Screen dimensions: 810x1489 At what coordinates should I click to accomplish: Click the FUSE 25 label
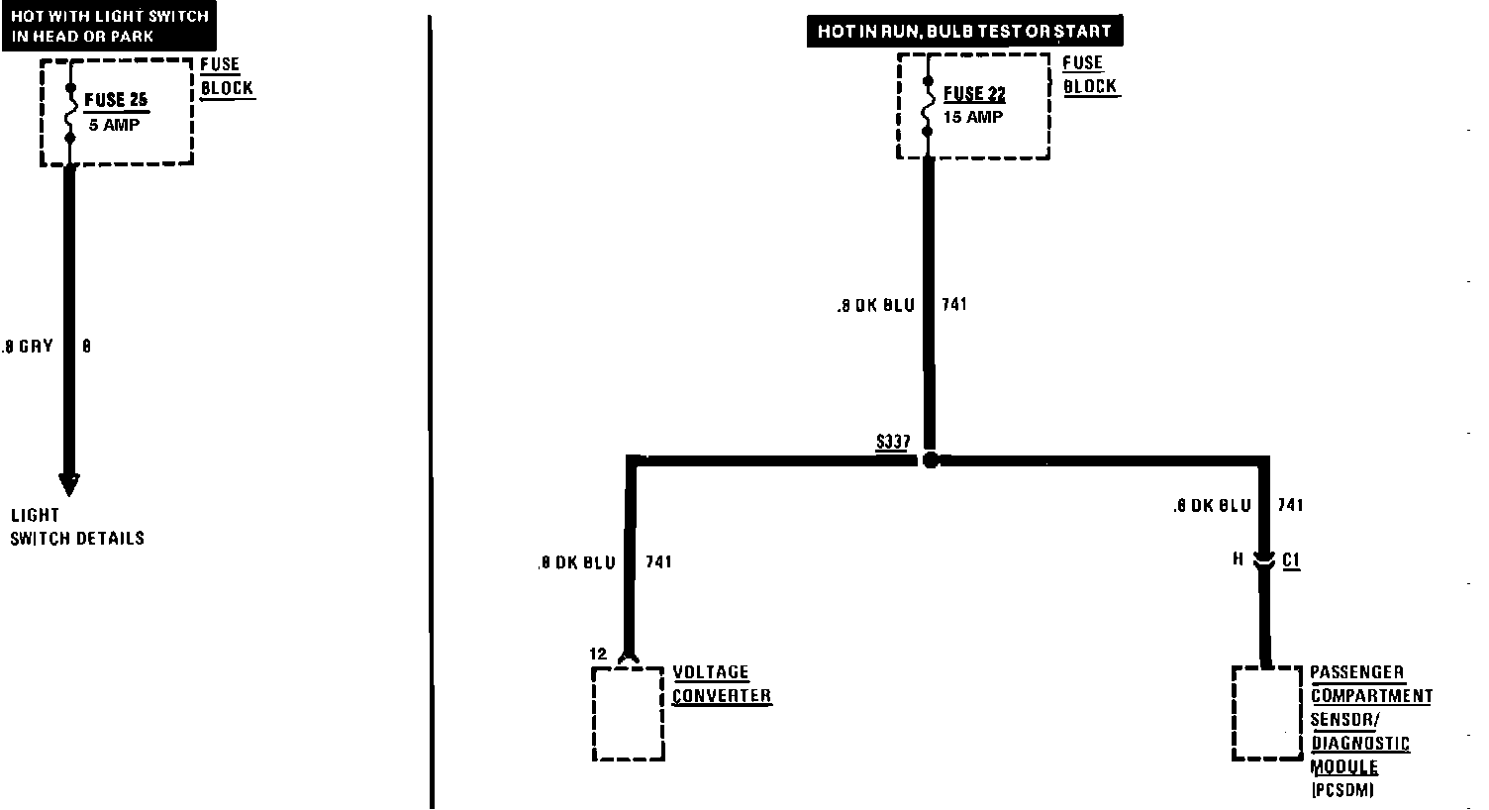116,100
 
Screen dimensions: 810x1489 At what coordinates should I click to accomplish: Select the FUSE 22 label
974,94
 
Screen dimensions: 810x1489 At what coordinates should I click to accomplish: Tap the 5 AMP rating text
114,126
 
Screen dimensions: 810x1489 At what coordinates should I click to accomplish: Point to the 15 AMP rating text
973,117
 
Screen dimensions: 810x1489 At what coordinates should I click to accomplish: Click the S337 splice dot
929,459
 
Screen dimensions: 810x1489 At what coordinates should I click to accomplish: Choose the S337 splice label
893,442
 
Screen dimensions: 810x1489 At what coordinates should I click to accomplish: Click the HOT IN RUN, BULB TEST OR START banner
963,32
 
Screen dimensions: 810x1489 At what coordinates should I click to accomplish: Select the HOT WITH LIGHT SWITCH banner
109,27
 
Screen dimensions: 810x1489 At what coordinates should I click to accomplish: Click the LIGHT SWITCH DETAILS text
77,527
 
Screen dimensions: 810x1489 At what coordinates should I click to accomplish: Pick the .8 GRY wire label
28,347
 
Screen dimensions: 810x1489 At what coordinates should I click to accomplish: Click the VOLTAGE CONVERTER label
721,684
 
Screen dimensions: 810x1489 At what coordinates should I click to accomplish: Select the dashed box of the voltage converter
628,714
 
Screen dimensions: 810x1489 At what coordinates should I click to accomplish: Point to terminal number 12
597,654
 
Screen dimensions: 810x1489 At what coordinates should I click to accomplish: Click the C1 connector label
1291,560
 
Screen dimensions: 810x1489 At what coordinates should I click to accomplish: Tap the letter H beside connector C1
1238,559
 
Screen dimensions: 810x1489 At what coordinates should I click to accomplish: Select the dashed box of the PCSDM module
1266,714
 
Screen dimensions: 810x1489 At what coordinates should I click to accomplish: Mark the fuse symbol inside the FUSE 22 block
928,107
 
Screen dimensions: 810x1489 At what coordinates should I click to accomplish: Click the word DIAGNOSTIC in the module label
1359,744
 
